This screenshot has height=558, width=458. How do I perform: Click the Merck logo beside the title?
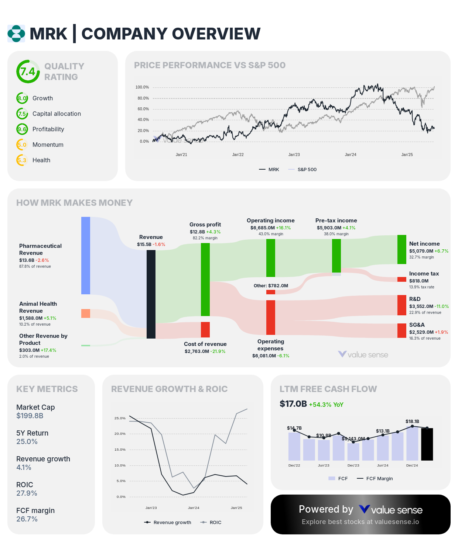[16, 34]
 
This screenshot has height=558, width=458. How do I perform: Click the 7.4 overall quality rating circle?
[28, 72]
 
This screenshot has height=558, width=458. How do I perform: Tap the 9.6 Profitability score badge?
[22, 129]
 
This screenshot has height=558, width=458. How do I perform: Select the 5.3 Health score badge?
[22, 160]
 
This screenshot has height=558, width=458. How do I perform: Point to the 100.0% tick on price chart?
[142, 87]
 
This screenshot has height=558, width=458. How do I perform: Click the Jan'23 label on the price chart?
[294, 155]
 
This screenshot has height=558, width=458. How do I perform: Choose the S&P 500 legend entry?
[303, 170]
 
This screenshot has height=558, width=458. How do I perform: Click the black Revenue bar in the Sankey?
[151, 294]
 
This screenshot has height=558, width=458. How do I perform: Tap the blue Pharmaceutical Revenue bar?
[86, 255]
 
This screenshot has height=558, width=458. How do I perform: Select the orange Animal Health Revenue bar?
[86, 313]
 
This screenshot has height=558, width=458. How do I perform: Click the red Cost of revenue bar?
[205, 329]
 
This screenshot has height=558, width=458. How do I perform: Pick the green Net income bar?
[402, 249]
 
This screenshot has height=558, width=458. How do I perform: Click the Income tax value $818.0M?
[419, 281]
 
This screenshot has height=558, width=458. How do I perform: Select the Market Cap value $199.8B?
[30, 416]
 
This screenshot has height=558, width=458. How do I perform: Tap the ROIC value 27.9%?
[27, 493]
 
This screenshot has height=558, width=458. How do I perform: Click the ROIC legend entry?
[211, 523]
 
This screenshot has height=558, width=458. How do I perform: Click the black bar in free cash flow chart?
[427, 444]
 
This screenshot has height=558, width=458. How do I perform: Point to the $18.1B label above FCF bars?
[412, 422]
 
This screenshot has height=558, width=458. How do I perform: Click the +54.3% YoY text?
[326, 405]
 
